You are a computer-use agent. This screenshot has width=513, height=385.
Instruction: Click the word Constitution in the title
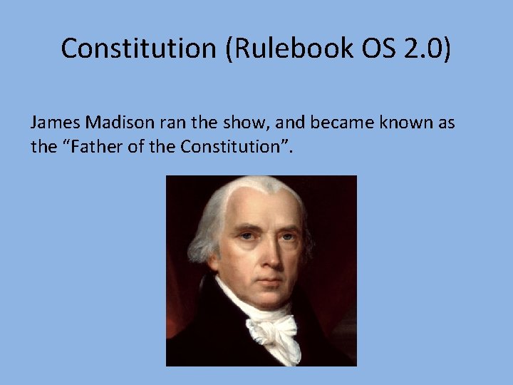click(x=135, y=48)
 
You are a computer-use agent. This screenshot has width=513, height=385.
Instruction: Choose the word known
click(x=403, y=123)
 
